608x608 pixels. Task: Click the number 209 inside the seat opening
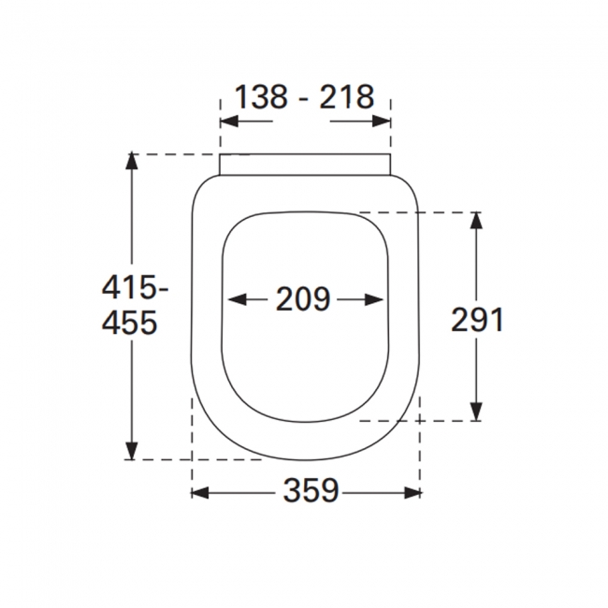point(304,299)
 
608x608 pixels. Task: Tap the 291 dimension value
point(477,320)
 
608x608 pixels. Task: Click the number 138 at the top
point(261,96)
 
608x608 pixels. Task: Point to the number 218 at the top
point(347,96)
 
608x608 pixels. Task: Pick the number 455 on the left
point(128,323)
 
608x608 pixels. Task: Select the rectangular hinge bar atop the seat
point(305,164)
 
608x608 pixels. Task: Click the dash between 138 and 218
point(304,97)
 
